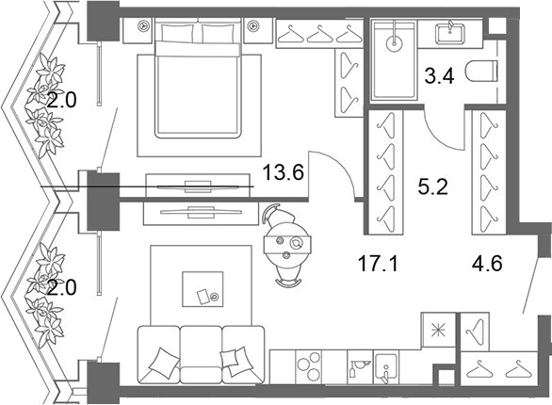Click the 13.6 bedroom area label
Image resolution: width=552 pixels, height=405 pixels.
point(283,172)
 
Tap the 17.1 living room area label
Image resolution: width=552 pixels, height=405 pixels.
point(378,264)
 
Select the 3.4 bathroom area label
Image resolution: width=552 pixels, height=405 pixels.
point(439,76)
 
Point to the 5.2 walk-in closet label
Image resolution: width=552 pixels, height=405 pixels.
point(432,186)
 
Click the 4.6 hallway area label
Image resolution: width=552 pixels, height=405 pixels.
point(487,264)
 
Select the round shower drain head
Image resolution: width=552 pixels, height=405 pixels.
point(395,43)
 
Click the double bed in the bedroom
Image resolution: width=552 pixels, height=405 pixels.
point(199,79)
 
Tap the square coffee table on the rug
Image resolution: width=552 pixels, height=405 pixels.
point(203,289)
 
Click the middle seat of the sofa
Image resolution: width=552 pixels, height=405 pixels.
point(201,354)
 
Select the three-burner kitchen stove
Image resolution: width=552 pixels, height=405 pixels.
point(309,367)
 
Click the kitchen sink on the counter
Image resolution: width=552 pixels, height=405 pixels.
point(386,367)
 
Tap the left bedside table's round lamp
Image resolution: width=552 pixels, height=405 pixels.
point(143,25)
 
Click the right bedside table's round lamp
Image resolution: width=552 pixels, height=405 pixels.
point(252,25)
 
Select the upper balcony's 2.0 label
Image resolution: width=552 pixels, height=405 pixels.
point(61,102)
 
